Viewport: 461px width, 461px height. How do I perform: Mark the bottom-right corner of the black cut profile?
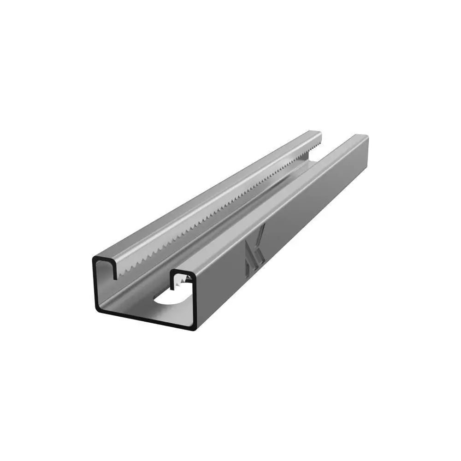[196, 328]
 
